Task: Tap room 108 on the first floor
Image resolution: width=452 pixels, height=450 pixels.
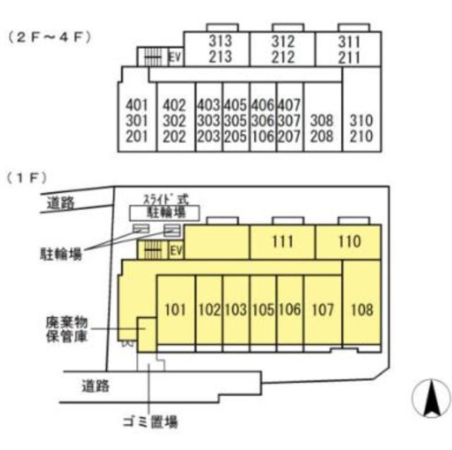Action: tap(361, 309)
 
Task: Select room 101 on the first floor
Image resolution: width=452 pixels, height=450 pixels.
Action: tap(174, 309)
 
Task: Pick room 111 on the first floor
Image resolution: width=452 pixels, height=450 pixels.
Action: tap(282, 242)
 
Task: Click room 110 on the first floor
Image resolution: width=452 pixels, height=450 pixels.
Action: tap(348, 242)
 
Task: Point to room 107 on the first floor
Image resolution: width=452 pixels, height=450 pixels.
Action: tap(322, 309)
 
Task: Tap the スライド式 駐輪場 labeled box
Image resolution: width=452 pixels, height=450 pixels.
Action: tap(164, 211)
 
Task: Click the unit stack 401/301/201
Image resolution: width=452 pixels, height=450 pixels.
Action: tap(136, 121)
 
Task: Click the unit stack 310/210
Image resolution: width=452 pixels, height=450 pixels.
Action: tap(361, 128)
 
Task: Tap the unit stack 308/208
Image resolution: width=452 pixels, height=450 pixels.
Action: tap(321, 128)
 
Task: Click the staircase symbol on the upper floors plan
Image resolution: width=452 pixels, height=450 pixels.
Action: tap(150, 57)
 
